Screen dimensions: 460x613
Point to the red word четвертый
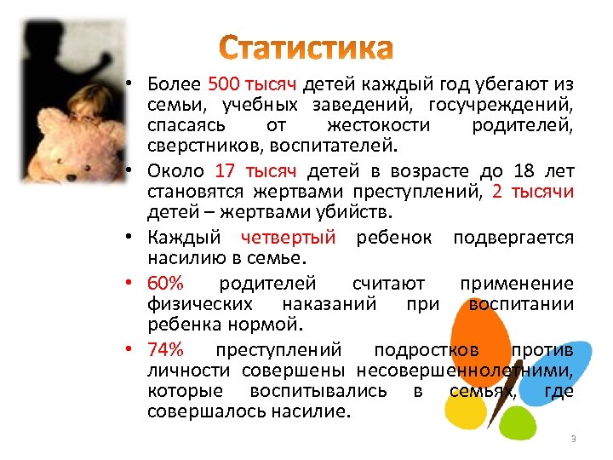(289, 236)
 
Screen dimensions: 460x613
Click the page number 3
(573, 438)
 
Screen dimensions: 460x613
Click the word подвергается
(513, 236)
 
